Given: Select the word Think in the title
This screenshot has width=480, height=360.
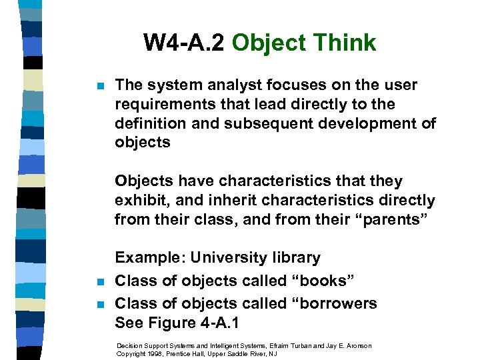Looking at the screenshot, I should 345,43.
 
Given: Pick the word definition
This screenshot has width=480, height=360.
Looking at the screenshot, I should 151,124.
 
